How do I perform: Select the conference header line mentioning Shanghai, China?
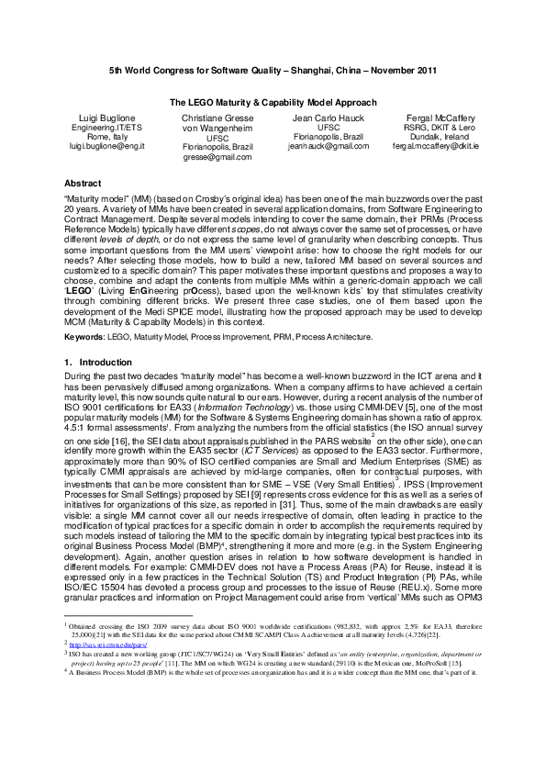click(x=273, y=70)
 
